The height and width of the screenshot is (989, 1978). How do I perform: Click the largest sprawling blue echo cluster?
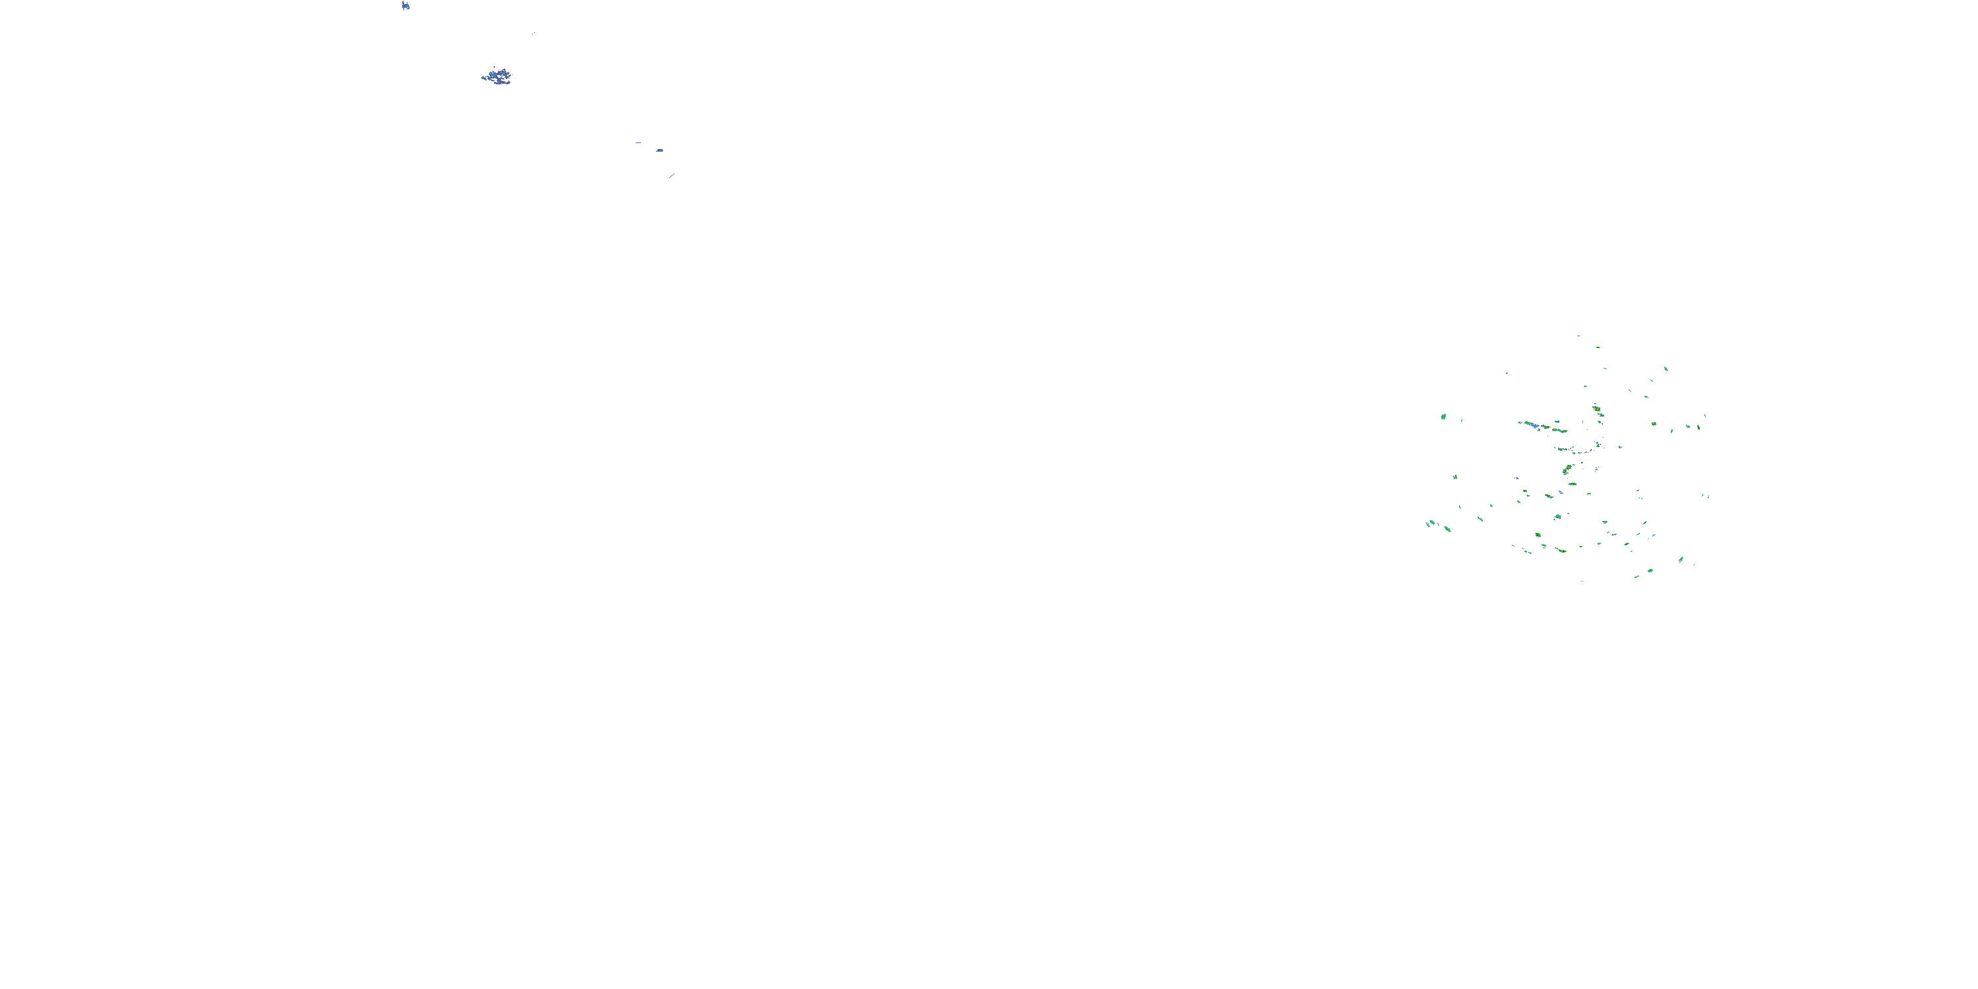pyautogui.click(x=498, y=76)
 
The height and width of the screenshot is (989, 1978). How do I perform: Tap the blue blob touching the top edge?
pyautogui.click(x=405, y=5)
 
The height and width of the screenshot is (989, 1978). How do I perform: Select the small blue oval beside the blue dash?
pyautogui.click(x=659, y=150)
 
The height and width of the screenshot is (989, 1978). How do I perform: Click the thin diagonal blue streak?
pyautogui.click(x=672, y=176)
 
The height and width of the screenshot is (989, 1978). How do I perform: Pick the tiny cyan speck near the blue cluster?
pyautogui.click(x=535, y=33)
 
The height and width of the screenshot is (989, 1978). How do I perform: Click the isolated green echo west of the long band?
pyautogui.click(x=1443, y=417)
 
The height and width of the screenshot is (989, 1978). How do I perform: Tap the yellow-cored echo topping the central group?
pyautogui.click(x=1597, y=409)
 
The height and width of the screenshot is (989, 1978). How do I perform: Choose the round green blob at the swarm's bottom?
pyautogui.click(x=1650, y=570)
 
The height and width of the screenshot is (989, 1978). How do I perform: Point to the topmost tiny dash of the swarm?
pyautogui.click(x=1578, y=336)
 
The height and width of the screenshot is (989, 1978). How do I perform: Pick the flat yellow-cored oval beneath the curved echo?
pyautogui.click(x=1572, y=485)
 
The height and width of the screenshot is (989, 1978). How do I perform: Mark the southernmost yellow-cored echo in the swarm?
pyautogui.click(x=1562, y=551)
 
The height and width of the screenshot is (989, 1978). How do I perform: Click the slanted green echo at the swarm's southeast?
pyautogui.click(x=1681, y=559)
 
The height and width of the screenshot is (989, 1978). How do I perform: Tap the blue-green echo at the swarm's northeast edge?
pyautogui.click(x=1665, y=369)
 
